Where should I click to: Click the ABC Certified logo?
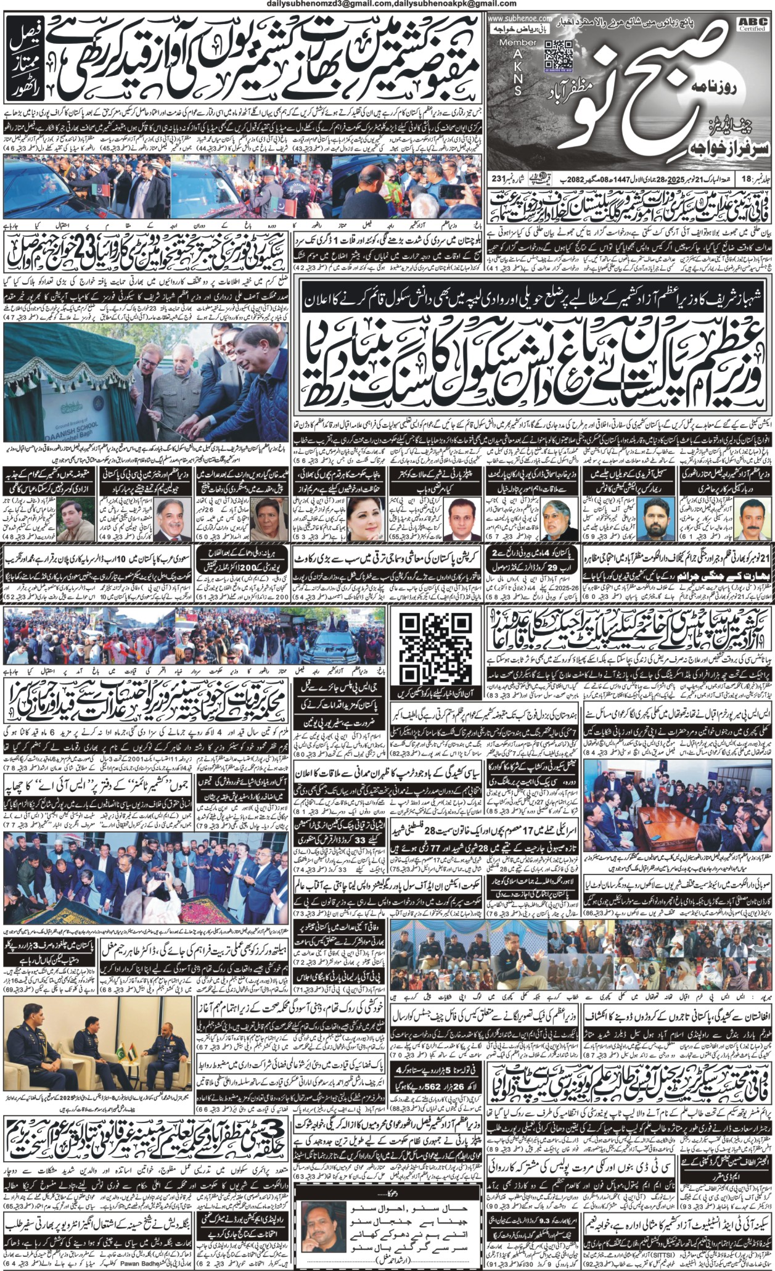[x=756, y=24]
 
